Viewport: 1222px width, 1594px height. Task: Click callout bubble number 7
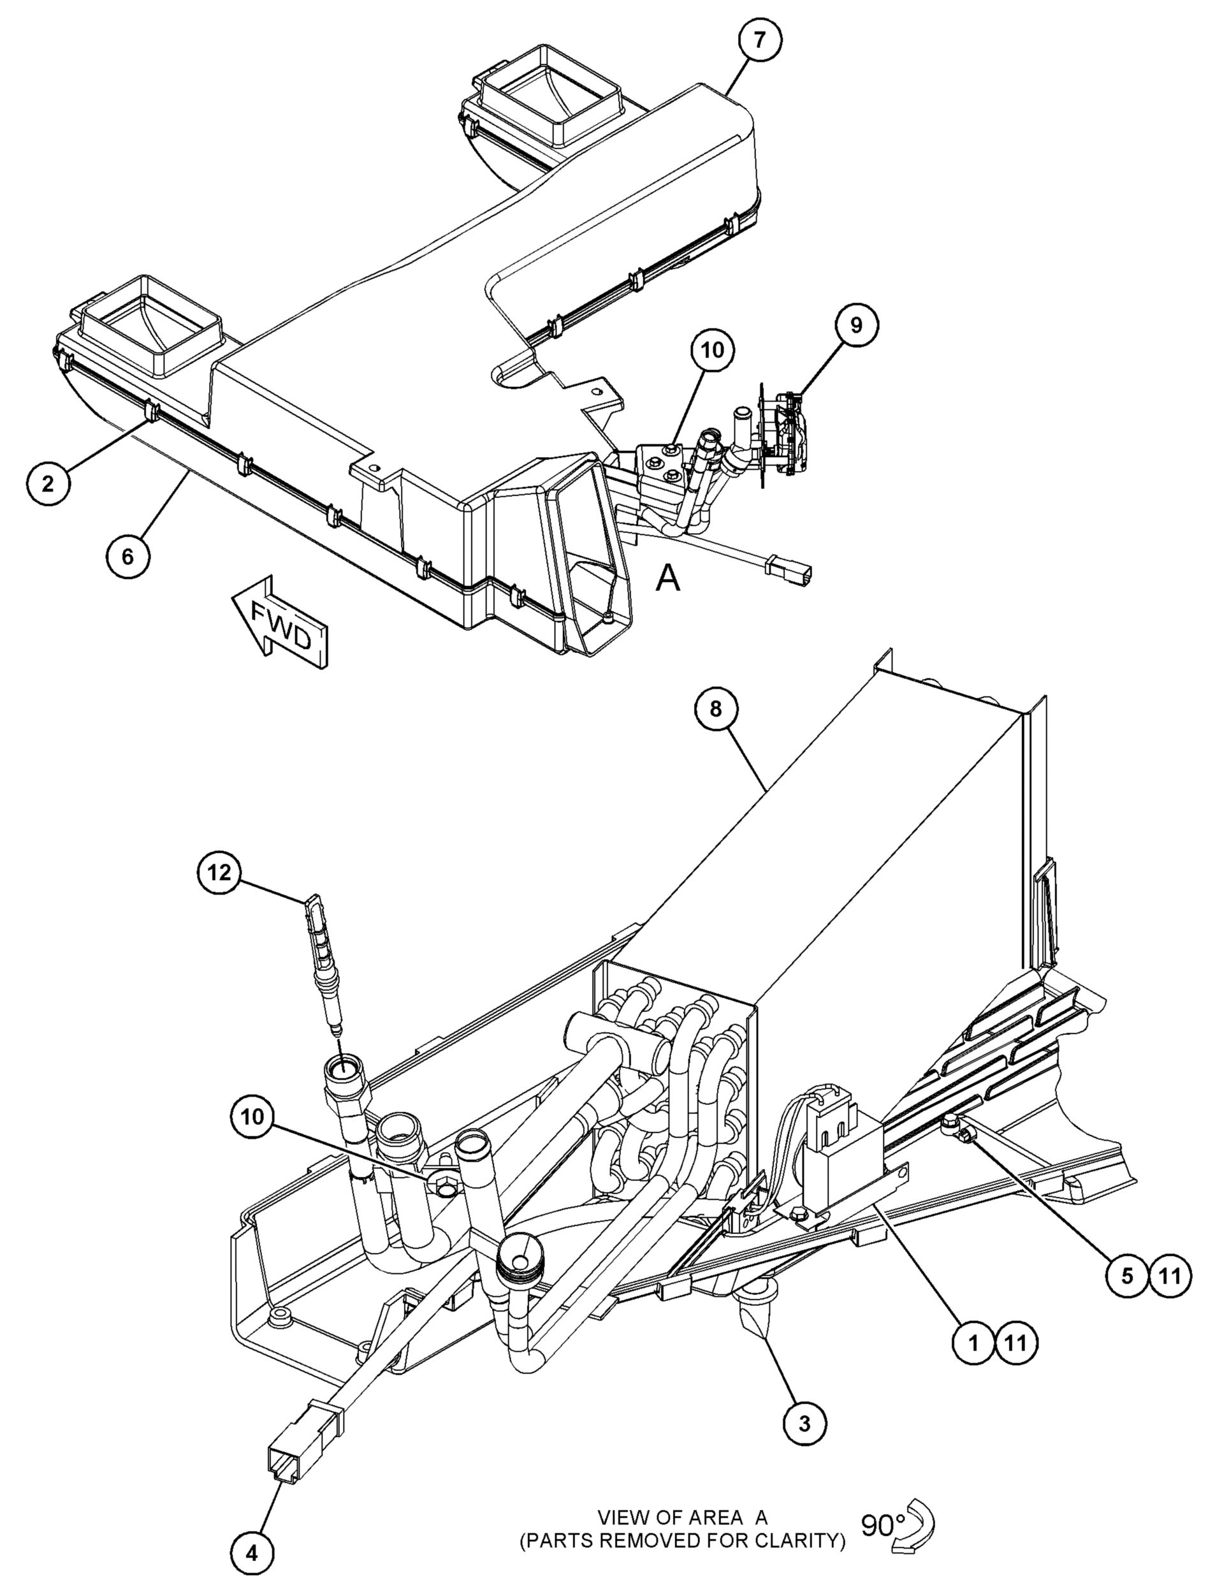760,40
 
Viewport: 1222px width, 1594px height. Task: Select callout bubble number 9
856,325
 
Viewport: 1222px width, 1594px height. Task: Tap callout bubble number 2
47,483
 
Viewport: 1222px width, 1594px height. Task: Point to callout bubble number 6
127,557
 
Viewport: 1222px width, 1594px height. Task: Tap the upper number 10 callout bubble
713,350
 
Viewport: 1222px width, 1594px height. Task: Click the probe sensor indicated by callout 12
322,960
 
